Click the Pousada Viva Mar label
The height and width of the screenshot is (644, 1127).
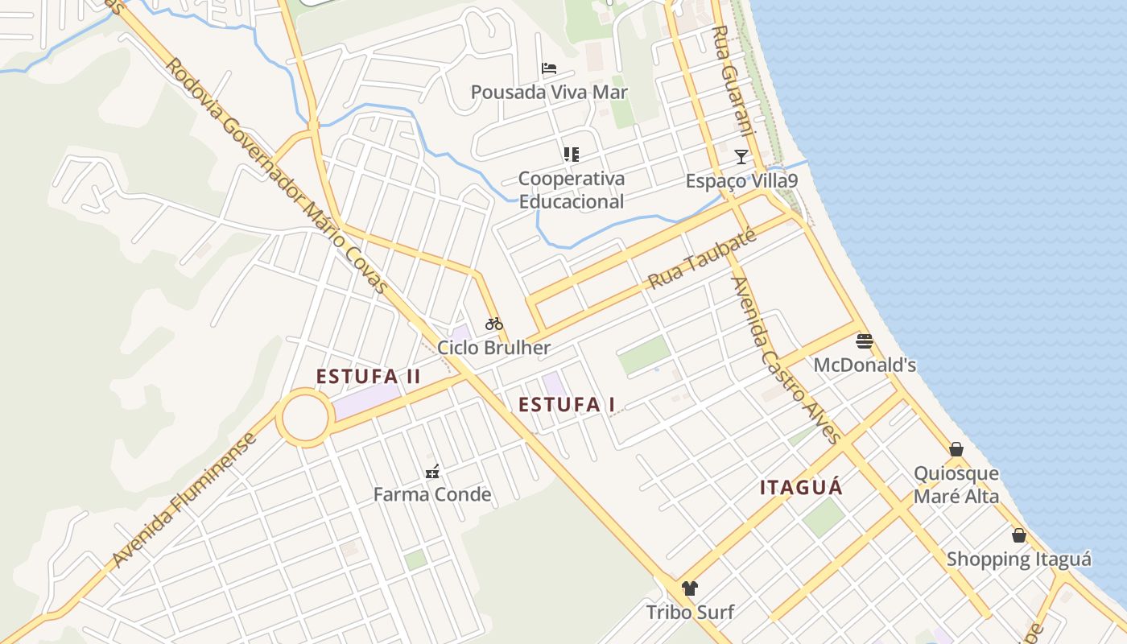click(x=549, y=92)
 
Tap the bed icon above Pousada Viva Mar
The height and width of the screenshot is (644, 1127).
click(x=549, y=68)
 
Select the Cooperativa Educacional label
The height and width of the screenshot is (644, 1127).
click(x=572, y=190)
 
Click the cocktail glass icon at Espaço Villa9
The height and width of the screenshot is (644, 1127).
click(x=741, y=156)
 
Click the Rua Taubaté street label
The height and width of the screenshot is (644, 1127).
click(x=702, y=258)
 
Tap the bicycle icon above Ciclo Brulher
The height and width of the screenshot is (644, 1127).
click(x=494, y=324)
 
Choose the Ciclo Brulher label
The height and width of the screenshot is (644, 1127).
click(x=494, y=348)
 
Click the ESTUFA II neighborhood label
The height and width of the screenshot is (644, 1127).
click(x=369, y=377)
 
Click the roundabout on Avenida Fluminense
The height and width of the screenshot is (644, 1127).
click(x=305, y=417)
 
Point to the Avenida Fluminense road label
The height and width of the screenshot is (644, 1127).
click(x=185, y=501)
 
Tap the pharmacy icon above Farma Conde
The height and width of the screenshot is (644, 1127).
click(x=432, y=472)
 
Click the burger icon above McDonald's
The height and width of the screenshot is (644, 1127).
click(x=865, y=341)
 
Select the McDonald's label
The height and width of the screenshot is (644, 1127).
click(x=865, y=365)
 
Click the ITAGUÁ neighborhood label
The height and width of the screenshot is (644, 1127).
click(x=802, y=487)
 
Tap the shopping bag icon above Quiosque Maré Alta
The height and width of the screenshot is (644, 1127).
click(x=956, y=449)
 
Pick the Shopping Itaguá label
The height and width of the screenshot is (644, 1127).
click(x=1019, y=559)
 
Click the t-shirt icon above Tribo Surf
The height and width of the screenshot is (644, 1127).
click(x=690, y=588)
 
